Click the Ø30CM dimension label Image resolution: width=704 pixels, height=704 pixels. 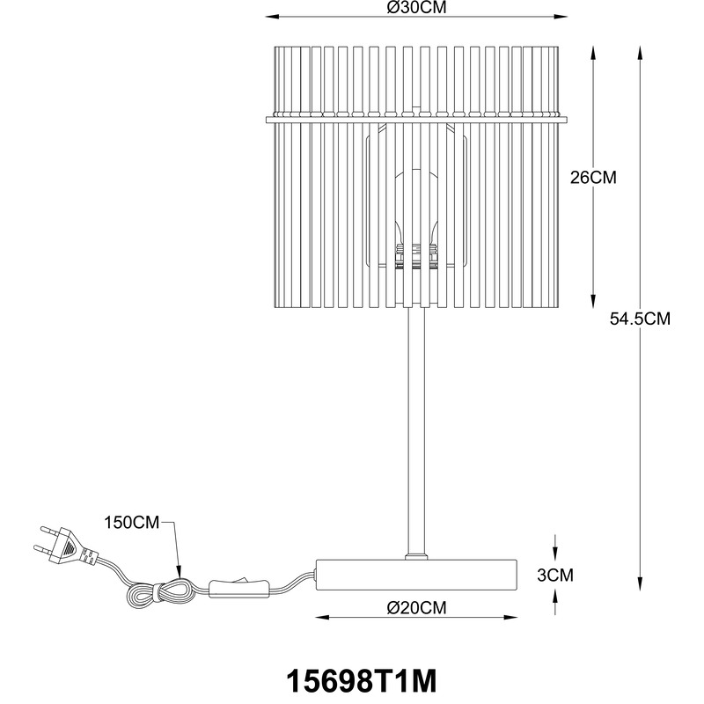pyautogui.click(x=416, y=7)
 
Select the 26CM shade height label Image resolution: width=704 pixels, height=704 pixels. pyautogui.click(x=593, y=178)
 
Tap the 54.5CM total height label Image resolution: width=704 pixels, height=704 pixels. pyautogui.click(x=640, y=319)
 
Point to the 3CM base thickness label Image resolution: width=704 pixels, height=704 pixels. pyautogui.click(x=555, y=575)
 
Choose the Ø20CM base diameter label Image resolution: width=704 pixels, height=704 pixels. pyautogui.click(x=416, y=607)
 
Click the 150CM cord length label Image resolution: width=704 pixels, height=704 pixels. pyautogui.click(x=131, y=523)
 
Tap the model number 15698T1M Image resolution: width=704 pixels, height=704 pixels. pyautogui.click(x=361, y=681)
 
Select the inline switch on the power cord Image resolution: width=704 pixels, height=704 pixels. pyautogui.click(x=238, y=587)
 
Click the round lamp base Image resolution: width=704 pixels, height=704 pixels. pyautogui.click(x=416, y=575)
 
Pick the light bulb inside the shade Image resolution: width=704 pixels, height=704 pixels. pyautogui.click(x=415, y=208)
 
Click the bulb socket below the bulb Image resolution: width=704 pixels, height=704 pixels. pyautogui.click(x=415, y=256)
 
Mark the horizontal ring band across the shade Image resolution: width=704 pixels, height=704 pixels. pyautogui.click(x=416, y=120)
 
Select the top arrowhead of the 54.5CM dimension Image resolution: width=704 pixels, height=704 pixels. pyautogui.click(x=640, y=53)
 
